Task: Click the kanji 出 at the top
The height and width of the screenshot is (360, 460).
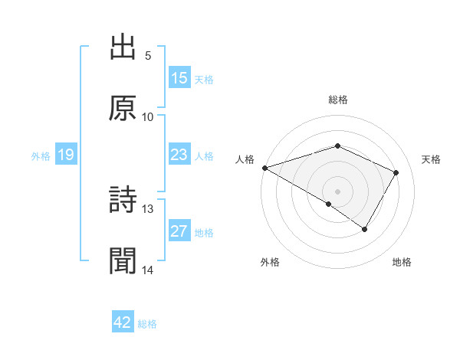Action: click(123, 47)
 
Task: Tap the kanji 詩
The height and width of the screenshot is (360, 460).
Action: click(123, 200)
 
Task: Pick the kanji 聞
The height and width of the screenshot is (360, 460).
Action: click(123, 261)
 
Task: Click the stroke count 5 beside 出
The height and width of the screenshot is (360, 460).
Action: click(148, 56)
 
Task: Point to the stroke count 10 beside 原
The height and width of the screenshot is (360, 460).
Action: click(148, 117)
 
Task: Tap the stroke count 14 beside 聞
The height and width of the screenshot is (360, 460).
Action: click(148, 270)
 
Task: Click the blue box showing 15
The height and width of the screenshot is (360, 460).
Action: click(179, 78)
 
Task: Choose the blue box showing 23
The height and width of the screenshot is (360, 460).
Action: click(179, 155)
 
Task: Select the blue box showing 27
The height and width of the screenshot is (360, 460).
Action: click(179, 232)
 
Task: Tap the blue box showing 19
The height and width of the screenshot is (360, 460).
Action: click(66, 155)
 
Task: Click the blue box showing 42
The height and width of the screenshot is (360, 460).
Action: click(123, 322)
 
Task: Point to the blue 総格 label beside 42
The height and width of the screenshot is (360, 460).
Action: click(147, 324)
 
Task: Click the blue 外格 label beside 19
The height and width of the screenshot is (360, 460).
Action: click(41, 156)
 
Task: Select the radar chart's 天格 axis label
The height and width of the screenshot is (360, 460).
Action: click(432, 159)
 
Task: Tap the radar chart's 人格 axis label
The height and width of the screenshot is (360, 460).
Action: click(245, 159)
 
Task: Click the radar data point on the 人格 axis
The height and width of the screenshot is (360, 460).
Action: click(264, 168)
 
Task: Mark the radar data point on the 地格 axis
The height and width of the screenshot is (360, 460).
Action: click(365, 229)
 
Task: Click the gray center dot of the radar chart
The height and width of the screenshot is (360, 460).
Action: click(337, 191)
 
